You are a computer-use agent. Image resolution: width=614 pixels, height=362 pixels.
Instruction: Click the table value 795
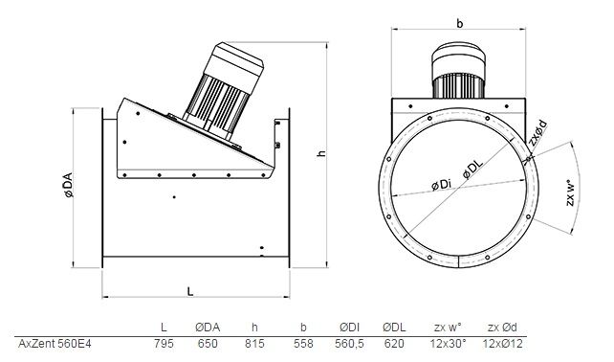(x=164, y=344)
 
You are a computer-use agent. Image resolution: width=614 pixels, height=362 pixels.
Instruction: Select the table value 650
(x=208, y=344)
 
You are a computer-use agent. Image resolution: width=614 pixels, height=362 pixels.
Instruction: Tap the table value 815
(x=254, y=344)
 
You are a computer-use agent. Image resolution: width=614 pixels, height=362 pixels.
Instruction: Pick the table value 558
(x=303, y=344)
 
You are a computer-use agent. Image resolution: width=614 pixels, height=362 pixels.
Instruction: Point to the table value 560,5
(x=349, y=344)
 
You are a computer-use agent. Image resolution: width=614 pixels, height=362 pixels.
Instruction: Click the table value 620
(x=394, y=344)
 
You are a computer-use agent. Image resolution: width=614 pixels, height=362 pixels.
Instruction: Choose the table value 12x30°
(x=448, y=344)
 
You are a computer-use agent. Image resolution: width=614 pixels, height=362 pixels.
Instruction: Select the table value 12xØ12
(x=503, y=344)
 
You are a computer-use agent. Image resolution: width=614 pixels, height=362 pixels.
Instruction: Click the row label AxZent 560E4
(x=55, y=344)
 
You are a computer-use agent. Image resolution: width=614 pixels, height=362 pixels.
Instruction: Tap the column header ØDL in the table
(x=394, y=328)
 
